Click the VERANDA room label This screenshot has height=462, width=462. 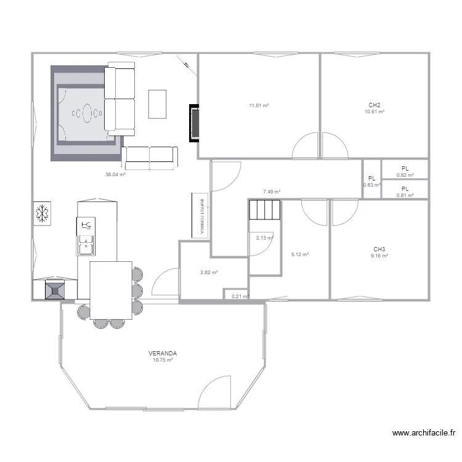click(x=163, y=354)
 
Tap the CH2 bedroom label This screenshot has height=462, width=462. click(x=374, y=105)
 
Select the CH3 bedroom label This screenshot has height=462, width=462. click(x=379, y=249)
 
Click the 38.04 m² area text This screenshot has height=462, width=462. click(x=115, y=174)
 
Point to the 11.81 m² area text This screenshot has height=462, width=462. click(x=259, y=105)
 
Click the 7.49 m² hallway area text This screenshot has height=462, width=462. click(x=272, y=192)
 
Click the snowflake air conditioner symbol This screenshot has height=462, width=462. click(x=43, y=214)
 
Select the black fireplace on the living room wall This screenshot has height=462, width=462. click(x=195, y=123)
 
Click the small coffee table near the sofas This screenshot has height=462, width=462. click(x=157, y=104)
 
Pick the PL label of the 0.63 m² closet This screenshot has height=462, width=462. click(x=371, y=178)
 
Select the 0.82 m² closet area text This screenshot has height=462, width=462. click(x=405, y=175)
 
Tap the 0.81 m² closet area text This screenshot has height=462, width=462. click(x=405, y=195)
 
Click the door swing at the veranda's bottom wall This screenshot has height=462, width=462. click(x=216, y=392)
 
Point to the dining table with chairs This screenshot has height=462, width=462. click(x=111, y=290)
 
